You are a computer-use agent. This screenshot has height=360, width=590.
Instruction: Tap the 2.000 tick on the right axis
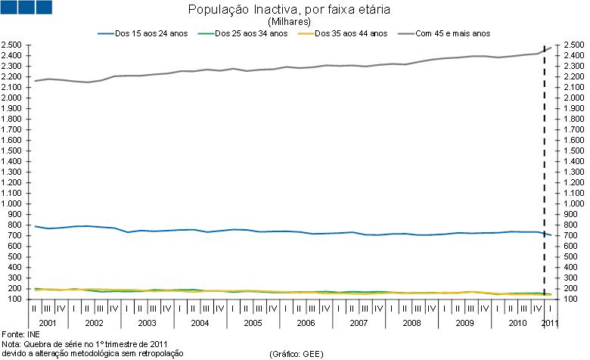pos(572,98)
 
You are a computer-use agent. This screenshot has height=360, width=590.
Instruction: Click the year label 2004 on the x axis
pos(199,323)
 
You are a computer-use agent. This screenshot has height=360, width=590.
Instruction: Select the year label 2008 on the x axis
pos(411,323)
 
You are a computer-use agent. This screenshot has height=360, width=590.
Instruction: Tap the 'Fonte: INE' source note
pos(20,334)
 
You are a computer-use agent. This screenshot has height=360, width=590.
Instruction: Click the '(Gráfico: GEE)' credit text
pos(297,353)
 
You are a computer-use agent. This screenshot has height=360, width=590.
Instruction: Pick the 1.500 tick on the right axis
pos(572,151)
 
